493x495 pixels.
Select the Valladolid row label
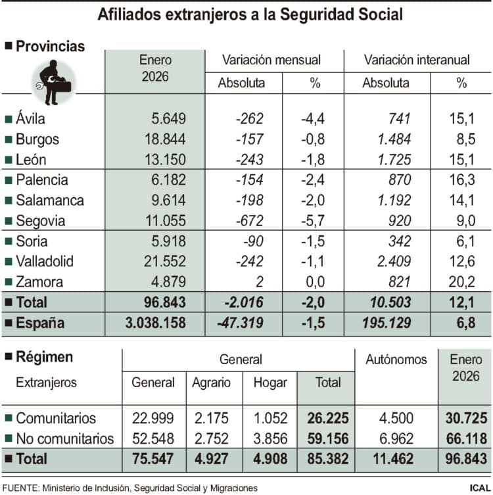click(44, 261)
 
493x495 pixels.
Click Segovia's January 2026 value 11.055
click(165, 221)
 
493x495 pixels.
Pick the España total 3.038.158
click(154, 323)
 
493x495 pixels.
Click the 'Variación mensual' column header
click(271, 60)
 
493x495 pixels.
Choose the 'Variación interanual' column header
click(416, 60)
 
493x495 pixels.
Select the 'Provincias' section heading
click(50, 46)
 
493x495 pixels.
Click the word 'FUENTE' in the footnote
click(20, 488)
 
